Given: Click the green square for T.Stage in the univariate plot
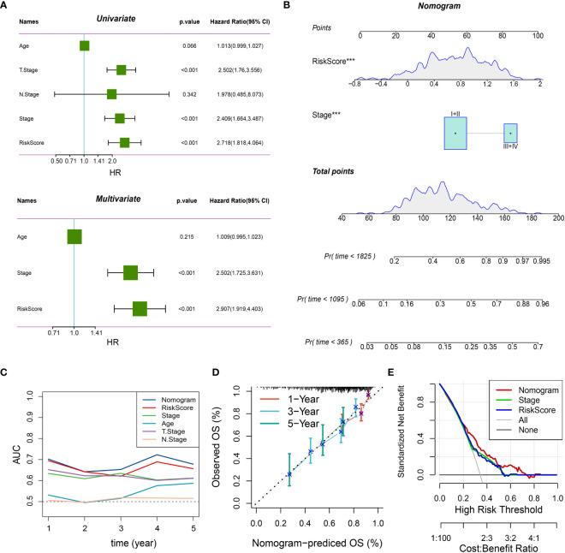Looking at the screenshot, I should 121,69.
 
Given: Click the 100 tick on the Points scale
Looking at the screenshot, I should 538,36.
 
